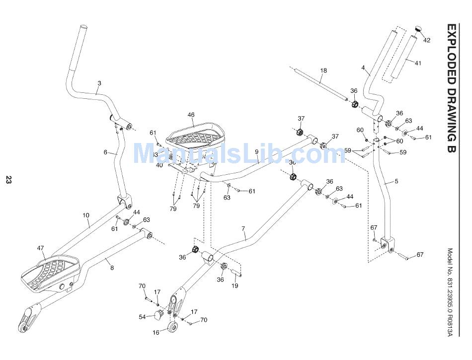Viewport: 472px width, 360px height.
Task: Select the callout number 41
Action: pos(417,63)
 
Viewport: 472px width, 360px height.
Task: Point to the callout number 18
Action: pos(323,71)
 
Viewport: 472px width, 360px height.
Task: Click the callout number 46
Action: pos(191,115)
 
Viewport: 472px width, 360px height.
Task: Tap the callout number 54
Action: pos(143,317)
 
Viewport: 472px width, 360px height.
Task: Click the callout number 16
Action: pos(156,333)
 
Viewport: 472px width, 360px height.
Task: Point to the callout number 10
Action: pos(86,216)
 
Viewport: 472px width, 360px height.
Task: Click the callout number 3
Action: pos(99,83)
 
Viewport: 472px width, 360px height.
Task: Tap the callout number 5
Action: pos(396,181)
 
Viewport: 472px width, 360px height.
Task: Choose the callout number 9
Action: pos(256,151)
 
